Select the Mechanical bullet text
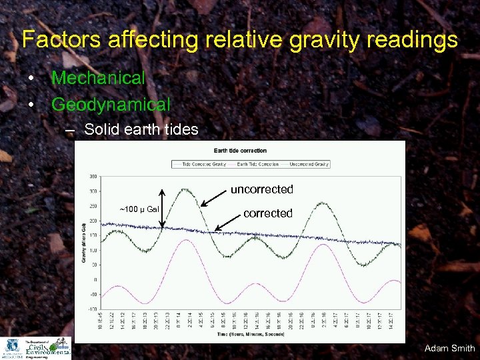[98, 78]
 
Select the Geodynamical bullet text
[111, 105]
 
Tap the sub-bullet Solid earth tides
[141, 129]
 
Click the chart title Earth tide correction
[240, 151]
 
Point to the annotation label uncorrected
[261, 189]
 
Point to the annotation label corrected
[267, 213]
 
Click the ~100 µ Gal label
[139, 209]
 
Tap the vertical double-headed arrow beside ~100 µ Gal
[163, 210]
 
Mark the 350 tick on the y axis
[93, 177]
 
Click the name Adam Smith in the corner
[449, 348]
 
